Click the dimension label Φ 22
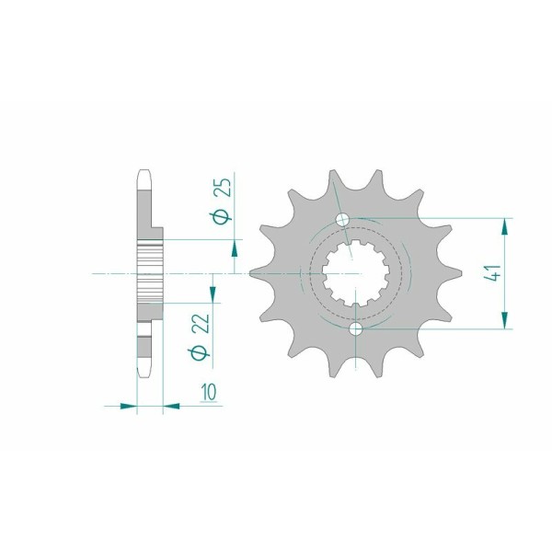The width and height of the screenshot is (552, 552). tap(200, 336)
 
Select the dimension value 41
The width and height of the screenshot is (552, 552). tap(492, 272)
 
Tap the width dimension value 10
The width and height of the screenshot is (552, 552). tap(209, 392)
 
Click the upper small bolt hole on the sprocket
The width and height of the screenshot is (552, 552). tap(342, 220)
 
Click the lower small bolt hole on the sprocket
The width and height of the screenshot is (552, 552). tap(356, 328)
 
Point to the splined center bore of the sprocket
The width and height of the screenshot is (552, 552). tap(356, 273)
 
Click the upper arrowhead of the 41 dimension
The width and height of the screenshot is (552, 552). tap(505, 226)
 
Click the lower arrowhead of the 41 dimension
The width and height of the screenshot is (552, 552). tap(505, 320)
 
